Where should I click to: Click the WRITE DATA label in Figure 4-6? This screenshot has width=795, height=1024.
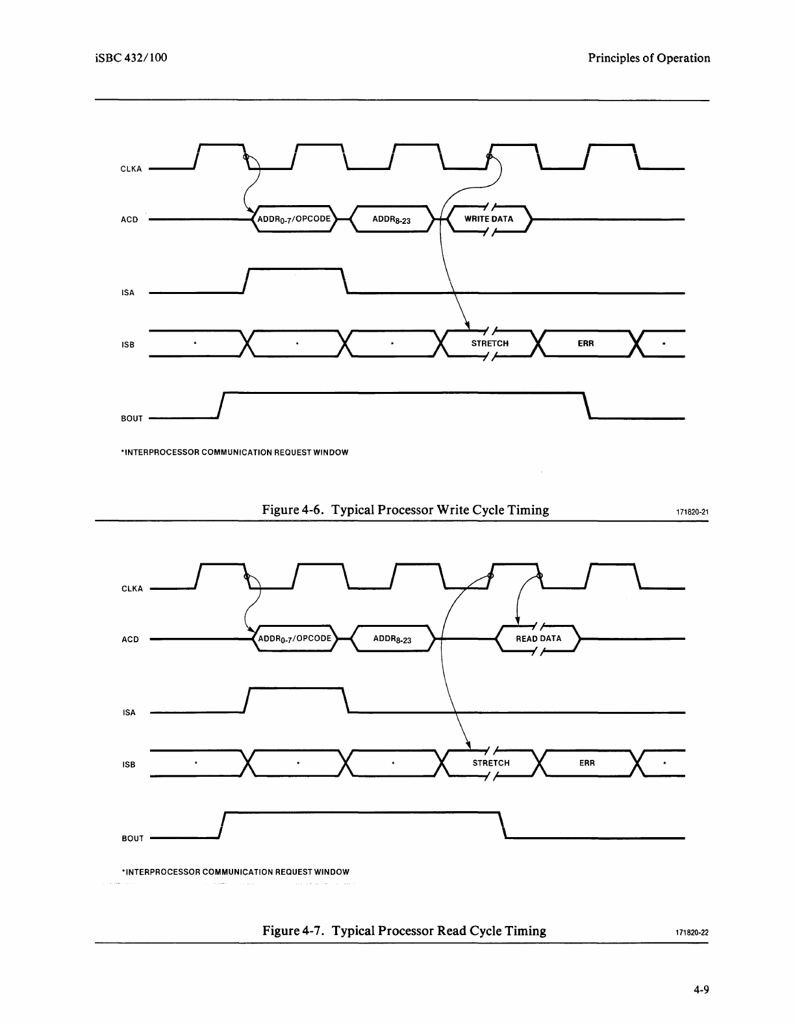click(x=488, y=219)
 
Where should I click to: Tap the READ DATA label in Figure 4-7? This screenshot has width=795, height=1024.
click(x=538, y=639)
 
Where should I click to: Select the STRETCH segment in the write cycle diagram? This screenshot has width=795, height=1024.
click(x=490, y=343)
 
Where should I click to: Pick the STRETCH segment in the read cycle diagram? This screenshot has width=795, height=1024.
click(x=491, y=763)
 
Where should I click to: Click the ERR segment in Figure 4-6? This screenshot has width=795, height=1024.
click(x=585, y=343)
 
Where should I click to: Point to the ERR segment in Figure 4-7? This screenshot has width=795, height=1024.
click(x=587, y=763)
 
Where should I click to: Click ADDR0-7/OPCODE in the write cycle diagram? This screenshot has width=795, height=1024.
click(x=295, y=219)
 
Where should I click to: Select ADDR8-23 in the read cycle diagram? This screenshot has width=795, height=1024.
click(x=392, y=639)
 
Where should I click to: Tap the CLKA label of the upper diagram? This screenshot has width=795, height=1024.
click(x=131, y=169)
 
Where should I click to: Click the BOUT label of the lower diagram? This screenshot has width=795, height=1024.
click(x=132, y=838)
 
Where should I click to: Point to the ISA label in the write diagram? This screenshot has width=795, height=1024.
click(x=128, y=293)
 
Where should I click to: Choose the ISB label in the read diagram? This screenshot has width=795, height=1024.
click(x=129, y=764)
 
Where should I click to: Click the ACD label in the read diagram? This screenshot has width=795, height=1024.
click(x=130, y=640)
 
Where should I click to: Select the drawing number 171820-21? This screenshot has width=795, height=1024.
click(x=692, y=512)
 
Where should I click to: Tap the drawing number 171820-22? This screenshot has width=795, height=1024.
click(x=692, y=933)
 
